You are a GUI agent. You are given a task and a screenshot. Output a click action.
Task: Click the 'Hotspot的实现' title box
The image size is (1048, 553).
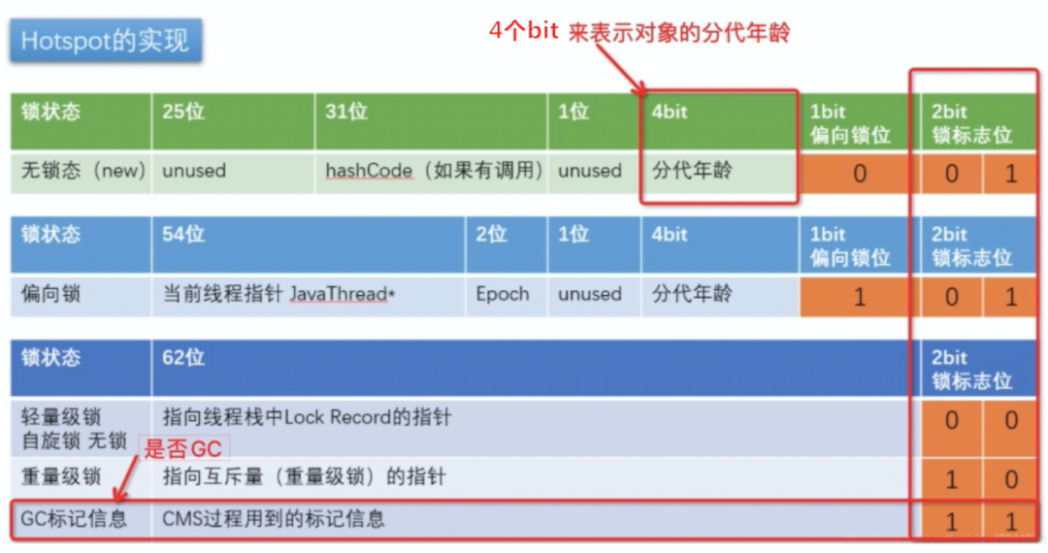click(105, 41)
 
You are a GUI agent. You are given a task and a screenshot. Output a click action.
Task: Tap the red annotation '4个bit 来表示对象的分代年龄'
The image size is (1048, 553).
click(639, 31)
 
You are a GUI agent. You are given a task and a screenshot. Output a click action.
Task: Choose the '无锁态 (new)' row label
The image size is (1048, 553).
click(82, 171)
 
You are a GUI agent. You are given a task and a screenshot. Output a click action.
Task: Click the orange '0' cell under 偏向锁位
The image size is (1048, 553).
click(859, 174)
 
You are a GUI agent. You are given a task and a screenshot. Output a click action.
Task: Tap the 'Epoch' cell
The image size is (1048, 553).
click(502, 294)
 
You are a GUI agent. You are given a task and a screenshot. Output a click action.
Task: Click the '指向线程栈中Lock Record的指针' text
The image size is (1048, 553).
click(307, 418)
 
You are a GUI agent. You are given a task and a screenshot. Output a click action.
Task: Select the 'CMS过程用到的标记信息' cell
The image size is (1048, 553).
click(274, 519)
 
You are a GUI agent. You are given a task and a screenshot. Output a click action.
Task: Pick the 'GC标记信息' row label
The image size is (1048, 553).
click(74, 519)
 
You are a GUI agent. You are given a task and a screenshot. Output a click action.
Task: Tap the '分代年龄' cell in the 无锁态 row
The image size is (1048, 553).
click(692, 171)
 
